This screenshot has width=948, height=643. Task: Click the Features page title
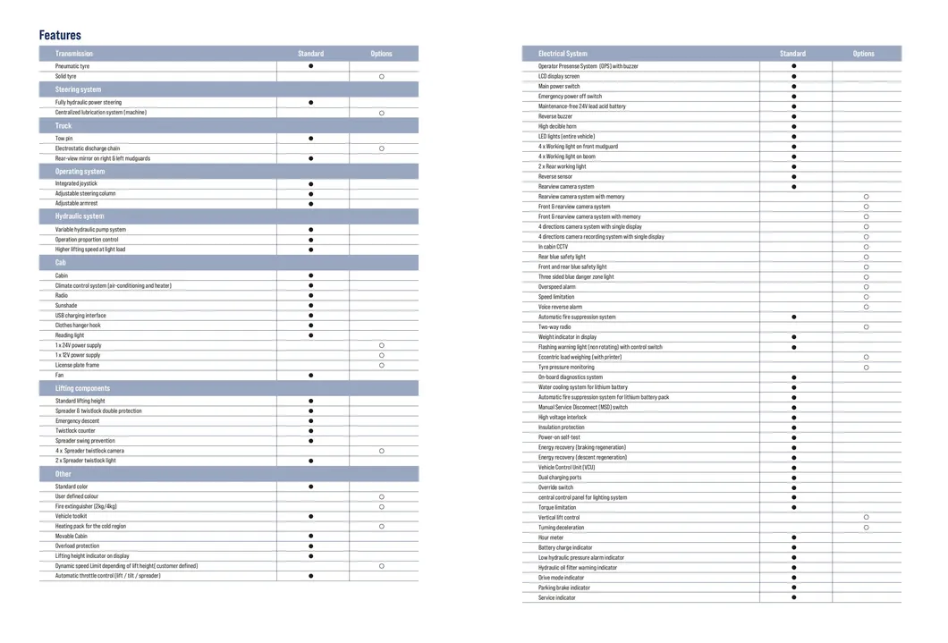click(x=60, y=35)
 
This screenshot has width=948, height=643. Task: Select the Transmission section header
click(x=73, y=54)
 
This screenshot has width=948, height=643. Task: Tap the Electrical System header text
click(x=563, y=54)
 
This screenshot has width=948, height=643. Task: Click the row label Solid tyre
click(x=66, y=76)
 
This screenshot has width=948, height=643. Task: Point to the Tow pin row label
click(x=63, y=139)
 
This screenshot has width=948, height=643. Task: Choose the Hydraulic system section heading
click(x=80, y=216)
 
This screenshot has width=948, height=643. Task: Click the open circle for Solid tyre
click(x=382, y=77)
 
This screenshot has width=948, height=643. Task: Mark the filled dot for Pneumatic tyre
click(x=311, y=66)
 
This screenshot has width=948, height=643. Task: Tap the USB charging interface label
click(x=80, y=316)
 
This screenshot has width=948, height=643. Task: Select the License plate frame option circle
click(x=382, y=365)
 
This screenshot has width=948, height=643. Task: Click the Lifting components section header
click(x=82, y=388)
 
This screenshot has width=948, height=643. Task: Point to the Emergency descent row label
click(x=78, y=420)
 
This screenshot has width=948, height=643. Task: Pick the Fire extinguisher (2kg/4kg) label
click(x=86, y=506)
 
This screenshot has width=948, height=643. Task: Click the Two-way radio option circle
click(x=866, y=327)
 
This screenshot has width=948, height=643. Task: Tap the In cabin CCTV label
click(x=553, y=247)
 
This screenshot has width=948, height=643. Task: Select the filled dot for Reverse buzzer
click(x=793, y=116)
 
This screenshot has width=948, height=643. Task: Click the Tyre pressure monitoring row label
click(x=565, y=367)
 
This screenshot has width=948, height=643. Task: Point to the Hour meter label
click(x=551, y=537)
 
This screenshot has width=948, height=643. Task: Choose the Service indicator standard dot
click(x=793, y=597)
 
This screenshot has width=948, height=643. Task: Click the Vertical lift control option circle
click(x=866, y=517)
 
